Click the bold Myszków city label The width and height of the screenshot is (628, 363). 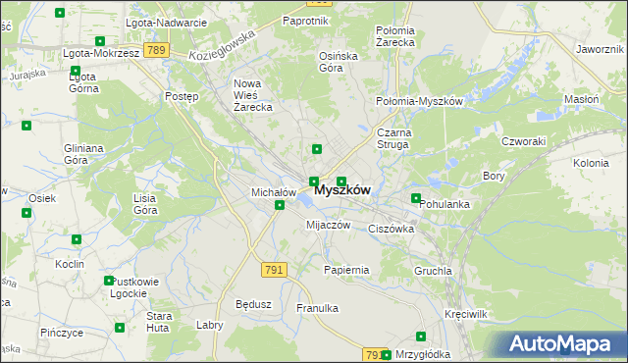(x=342, y=191)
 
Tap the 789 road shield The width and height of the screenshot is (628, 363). (x=153, y=49)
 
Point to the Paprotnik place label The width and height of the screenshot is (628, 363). (x=305, y=20)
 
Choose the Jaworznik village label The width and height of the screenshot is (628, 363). (x=601, y=48)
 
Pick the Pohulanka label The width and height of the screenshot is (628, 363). (x=445, y=204)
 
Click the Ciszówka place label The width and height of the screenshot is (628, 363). (x=391, y=229)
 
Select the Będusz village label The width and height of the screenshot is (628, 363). (x=253, y=304)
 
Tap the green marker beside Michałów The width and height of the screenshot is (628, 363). (x=280, y=205)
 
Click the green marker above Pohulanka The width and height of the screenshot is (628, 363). (x=416, y=198)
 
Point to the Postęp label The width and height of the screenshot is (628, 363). (x=183, y=97)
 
